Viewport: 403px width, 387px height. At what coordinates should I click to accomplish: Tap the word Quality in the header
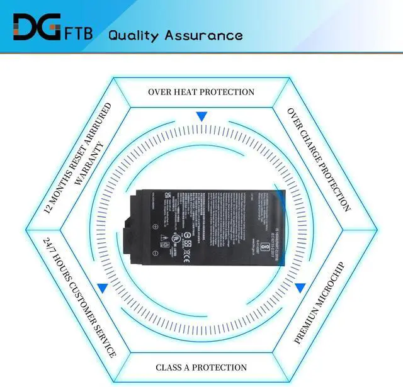point(133,35)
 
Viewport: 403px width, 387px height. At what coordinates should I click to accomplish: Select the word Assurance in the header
point(203,35)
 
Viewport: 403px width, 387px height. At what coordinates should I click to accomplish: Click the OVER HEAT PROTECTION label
point(201,92)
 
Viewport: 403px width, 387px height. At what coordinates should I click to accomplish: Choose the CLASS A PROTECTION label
point(201,367)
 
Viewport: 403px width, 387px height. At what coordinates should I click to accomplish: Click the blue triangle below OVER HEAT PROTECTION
point(201,116)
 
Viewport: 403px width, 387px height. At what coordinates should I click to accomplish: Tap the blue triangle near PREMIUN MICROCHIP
point(300,288)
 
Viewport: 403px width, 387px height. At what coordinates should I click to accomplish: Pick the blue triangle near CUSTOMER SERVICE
point(102,288)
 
